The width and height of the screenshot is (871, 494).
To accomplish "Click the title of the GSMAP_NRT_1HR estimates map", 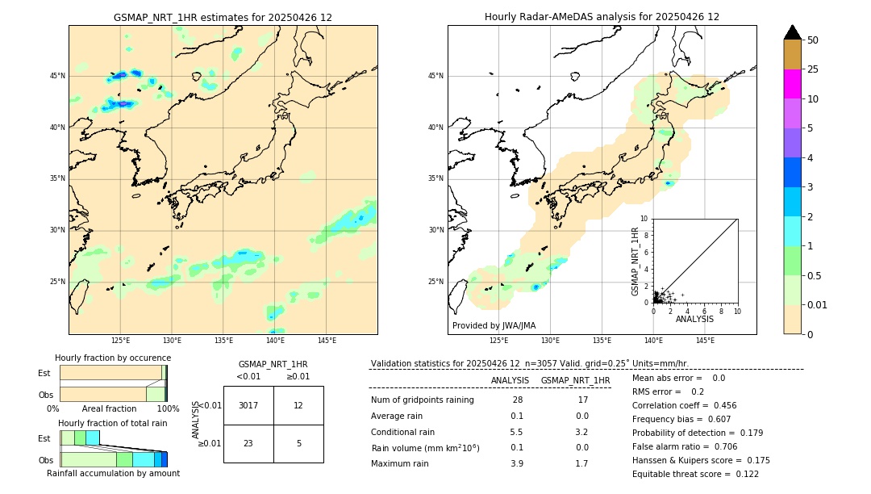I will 223,17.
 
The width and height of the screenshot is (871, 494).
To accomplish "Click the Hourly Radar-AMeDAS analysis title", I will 602,17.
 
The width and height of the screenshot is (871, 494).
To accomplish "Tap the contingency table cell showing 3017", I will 248,405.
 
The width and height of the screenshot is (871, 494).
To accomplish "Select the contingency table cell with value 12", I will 298,405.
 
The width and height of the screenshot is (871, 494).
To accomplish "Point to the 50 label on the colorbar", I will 813,40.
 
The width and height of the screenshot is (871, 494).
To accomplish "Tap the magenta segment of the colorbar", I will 793,84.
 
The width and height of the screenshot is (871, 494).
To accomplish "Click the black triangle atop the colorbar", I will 793,32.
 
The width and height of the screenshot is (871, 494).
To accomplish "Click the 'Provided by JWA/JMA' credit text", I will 494,326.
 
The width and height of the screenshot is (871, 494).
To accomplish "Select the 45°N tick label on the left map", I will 57,76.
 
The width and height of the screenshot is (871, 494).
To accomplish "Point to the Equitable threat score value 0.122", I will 742,474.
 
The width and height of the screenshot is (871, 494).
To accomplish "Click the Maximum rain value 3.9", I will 516,463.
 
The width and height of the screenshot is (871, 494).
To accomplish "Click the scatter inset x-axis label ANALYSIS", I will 694,320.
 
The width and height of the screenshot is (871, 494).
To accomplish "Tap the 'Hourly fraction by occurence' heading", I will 113,358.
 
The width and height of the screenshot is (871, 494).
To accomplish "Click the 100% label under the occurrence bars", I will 168,409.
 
